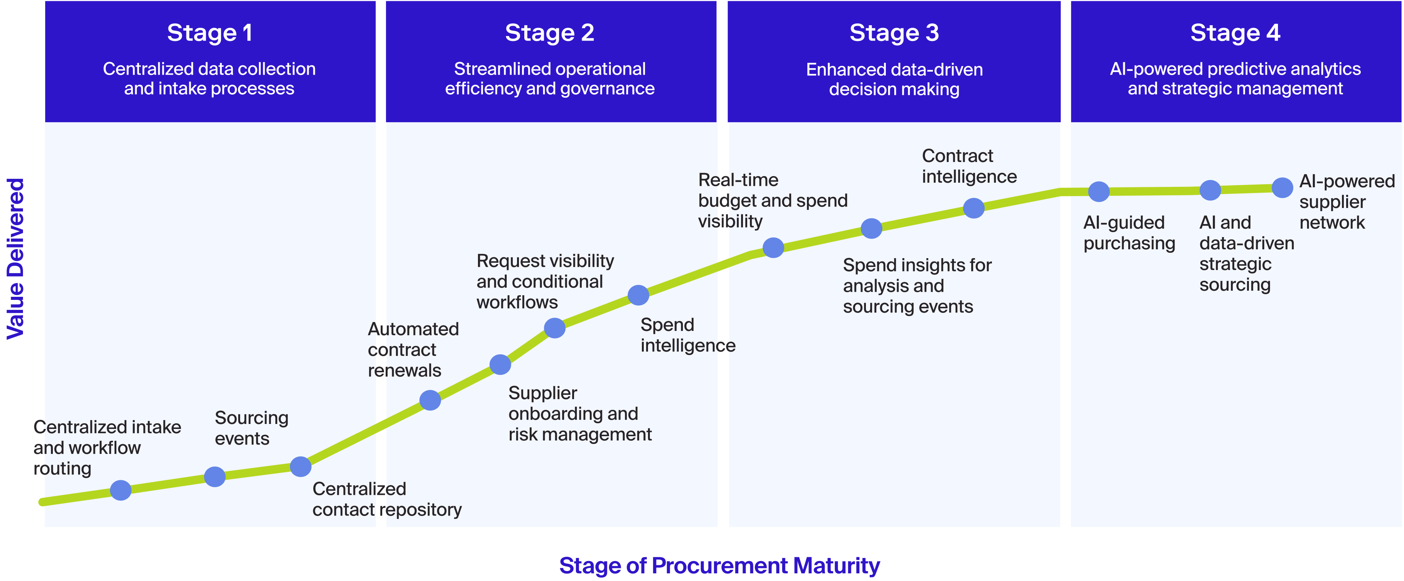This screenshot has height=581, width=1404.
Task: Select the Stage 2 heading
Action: click(550, 33)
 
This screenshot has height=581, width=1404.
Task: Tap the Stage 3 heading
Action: click(894, 33)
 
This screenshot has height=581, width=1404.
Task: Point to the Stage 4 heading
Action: click(1235, 33)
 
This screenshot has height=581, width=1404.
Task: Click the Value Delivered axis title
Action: click(15, 259)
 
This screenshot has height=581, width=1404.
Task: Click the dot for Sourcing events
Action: click(215, 476)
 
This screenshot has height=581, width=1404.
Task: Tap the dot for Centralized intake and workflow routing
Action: click(121, 490)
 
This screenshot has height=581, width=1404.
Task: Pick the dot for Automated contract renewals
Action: click(430, 400)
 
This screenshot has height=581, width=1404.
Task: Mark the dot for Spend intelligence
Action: click(638, 295)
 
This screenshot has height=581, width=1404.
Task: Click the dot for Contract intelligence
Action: click(974, 208)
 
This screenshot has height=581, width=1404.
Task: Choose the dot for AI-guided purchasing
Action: click(1099, 191)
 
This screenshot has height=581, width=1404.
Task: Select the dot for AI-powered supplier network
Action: click(1282, 188)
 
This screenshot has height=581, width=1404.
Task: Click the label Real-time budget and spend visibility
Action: click(772, 201)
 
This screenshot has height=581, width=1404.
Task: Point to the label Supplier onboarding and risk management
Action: click(579, 414)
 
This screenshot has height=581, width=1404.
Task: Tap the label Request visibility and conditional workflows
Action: click(545, 281)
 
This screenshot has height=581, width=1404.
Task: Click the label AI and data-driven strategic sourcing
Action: click(1247, 254)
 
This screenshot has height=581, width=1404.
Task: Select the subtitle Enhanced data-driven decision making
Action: click(894, 79)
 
